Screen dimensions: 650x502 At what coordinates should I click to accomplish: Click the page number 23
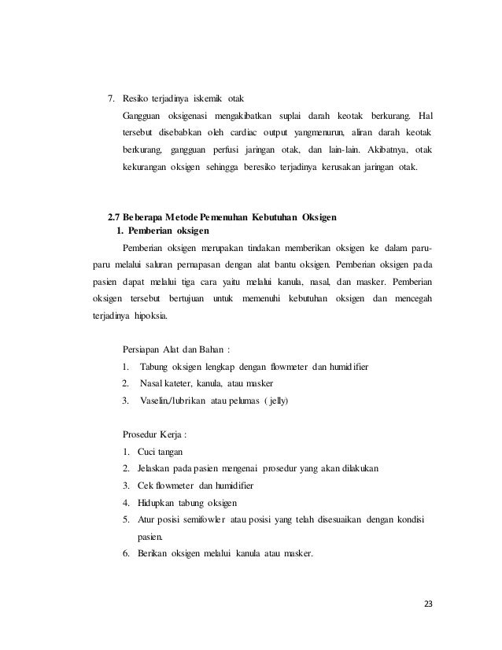click(x=428, y=604)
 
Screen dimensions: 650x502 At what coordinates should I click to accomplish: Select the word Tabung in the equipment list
click(x=154, y=367)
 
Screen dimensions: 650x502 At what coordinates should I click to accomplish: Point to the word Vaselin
click(x=156, y=401)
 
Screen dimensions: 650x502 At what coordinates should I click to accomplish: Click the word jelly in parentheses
click(x=277, y=401)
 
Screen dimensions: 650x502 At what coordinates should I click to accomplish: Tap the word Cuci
click(x=148, y=451)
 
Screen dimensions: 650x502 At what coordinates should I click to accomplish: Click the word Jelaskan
click(x=157, y=468)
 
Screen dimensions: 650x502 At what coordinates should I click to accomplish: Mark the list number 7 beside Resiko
click(x=110, y=100)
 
